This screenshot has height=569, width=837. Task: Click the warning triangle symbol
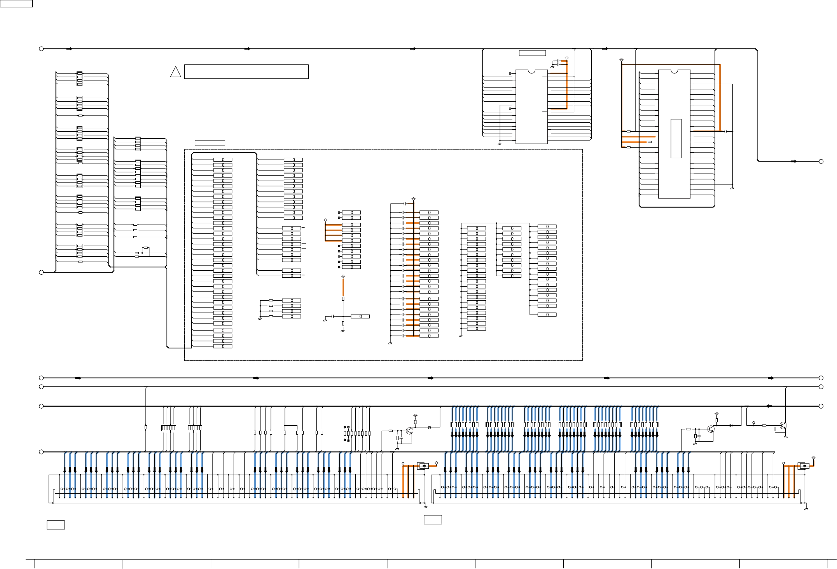coord(175,72)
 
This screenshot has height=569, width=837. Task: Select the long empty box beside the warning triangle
coord(246,71)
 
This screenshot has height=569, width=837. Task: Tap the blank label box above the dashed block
coord(210,143)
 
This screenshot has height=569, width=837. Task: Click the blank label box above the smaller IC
coord(532,53)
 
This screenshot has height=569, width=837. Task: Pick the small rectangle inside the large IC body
coord(676,138)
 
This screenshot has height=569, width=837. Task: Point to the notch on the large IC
coord(674,71)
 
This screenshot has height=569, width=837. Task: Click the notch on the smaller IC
coord(531,71)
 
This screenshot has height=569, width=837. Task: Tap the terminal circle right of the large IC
coord(821,161)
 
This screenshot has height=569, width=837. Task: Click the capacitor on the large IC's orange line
coord(725,131)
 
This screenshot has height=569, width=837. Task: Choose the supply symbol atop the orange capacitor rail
coord(413,198)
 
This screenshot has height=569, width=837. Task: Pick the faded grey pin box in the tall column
coord(223,331)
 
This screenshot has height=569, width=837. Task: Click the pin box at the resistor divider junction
coord(360,317)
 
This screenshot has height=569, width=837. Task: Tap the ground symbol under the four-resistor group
coord(259,318)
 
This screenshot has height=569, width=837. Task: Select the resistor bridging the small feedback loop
coord(145,247)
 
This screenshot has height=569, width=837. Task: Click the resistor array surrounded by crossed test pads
coord(357,433)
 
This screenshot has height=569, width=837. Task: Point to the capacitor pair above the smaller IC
coord(558,62)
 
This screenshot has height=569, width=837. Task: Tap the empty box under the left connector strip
coord(56,525)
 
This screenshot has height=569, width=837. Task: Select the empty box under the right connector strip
coord(433,520)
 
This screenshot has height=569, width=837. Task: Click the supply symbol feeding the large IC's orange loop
coord(621,59)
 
